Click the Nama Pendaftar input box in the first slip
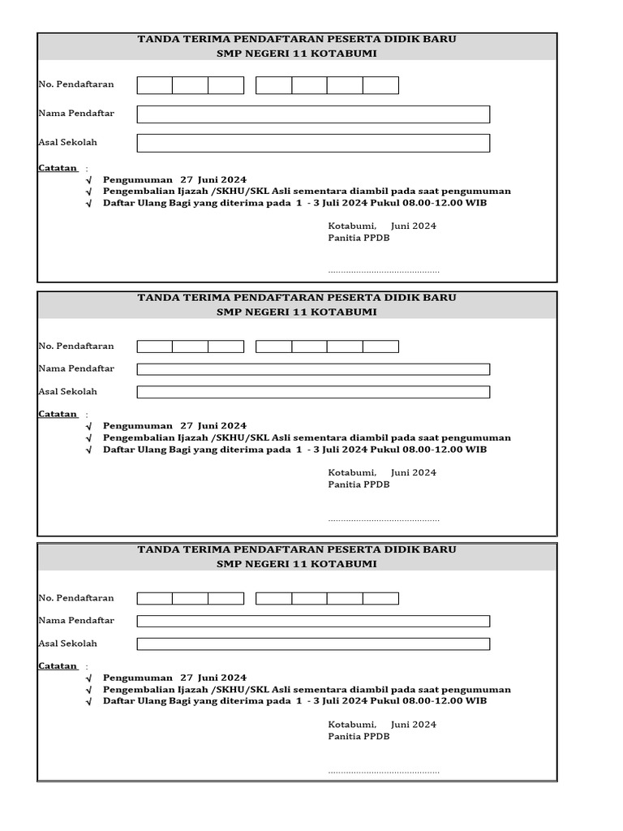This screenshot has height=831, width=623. pyautogui.click(x=313, y=114)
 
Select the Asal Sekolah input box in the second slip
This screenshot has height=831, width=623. pyautogui.click(x=313, y=392)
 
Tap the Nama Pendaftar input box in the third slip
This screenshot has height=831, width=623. pyautogui.click(x=313, y=621)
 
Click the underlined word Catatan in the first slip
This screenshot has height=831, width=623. pyautogui.click(x=58, y=168)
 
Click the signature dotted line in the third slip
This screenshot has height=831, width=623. pyautogui.click(x=383, y=771)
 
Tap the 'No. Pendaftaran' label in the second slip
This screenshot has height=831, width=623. pyautogui.click(x=76, y=347)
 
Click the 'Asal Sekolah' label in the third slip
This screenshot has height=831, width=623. pyautogui.click(x=67, y=644)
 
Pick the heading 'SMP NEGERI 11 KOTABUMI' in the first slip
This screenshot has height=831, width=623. pyautogui.click(x=297, y=54)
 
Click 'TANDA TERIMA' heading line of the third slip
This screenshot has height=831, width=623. pyautogui.click(x=297, y=549)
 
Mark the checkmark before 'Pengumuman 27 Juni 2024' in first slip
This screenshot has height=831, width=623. pyautogui.click(x=89, y=180)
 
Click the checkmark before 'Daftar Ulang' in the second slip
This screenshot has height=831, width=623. pyautogui.click(x=89, y=450)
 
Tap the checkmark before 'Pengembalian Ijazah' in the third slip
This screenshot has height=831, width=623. pyautogui.click(x=89, y=690)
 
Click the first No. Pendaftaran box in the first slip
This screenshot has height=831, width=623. pyautogui.click(x=155, y=85)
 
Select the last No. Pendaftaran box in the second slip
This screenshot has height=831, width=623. pyautogui.click(x=380, y=347)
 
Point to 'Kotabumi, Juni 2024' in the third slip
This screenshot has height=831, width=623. pyautogui.click(x=382, y=724)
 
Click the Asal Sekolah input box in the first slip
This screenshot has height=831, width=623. pyautogui.click(x=313, y=143)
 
